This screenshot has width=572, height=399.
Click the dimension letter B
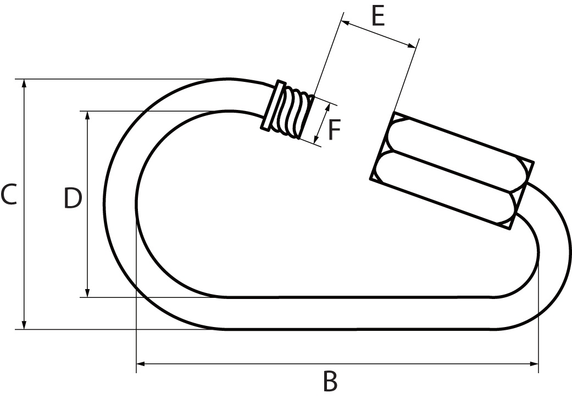pyautogui.click(x=330, y=382)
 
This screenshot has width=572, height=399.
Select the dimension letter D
pyautogui.click(x=73, y=198)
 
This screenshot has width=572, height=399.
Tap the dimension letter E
pyautogui.click(x=377, y=17)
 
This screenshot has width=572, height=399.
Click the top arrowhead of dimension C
pyautogui.click(x=24, y=83)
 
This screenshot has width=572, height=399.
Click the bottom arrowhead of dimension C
pyautogui.click(x=24, y=325)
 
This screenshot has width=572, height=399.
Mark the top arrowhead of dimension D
pyautogui.click(x=87, y=115)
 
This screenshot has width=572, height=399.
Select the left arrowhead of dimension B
pyautogui.click(x=141, y=364)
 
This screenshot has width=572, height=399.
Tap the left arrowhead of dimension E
pyautogui.click(x=345, y=23)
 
